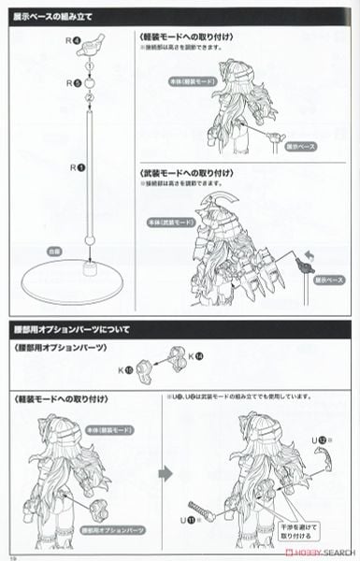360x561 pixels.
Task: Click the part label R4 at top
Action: [x=76, y=39]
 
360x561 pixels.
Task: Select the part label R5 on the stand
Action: [x=76, y=83]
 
